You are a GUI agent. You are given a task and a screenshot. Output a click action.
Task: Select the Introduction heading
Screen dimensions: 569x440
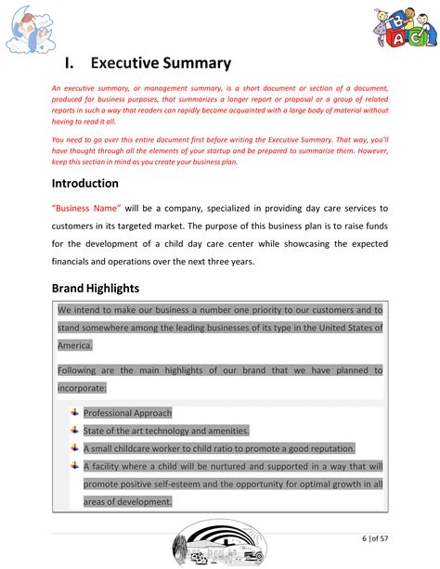coord(85,184)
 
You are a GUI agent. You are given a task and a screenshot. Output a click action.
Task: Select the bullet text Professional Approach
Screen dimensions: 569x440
coord(127,413)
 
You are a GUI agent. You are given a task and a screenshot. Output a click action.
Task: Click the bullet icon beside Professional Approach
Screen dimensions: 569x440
coord(74,412)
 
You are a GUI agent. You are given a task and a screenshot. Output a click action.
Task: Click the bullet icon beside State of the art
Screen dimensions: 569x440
coord(74,430)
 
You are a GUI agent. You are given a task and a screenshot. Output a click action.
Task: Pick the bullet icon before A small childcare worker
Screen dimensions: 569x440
coord(74,447)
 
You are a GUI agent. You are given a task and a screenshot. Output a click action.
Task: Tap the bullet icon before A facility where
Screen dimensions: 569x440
coord(74,466)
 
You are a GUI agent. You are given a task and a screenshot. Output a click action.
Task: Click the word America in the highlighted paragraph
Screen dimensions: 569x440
coord(74,345)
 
